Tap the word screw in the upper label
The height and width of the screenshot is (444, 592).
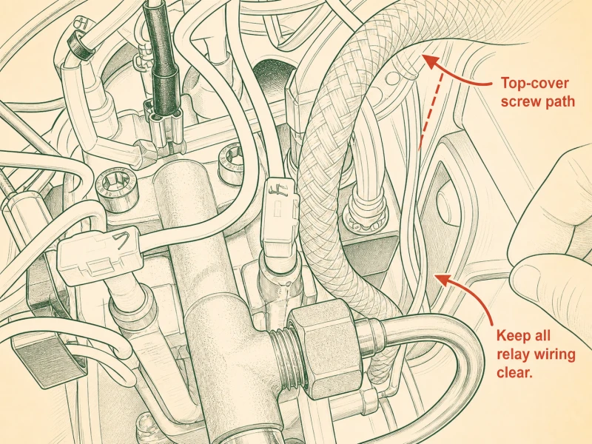coord(522,101)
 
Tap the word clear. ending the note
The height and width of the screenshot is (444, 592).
coord(514,373)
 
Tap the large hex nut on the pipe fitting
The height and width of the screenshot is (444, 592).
coord(324,347)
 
